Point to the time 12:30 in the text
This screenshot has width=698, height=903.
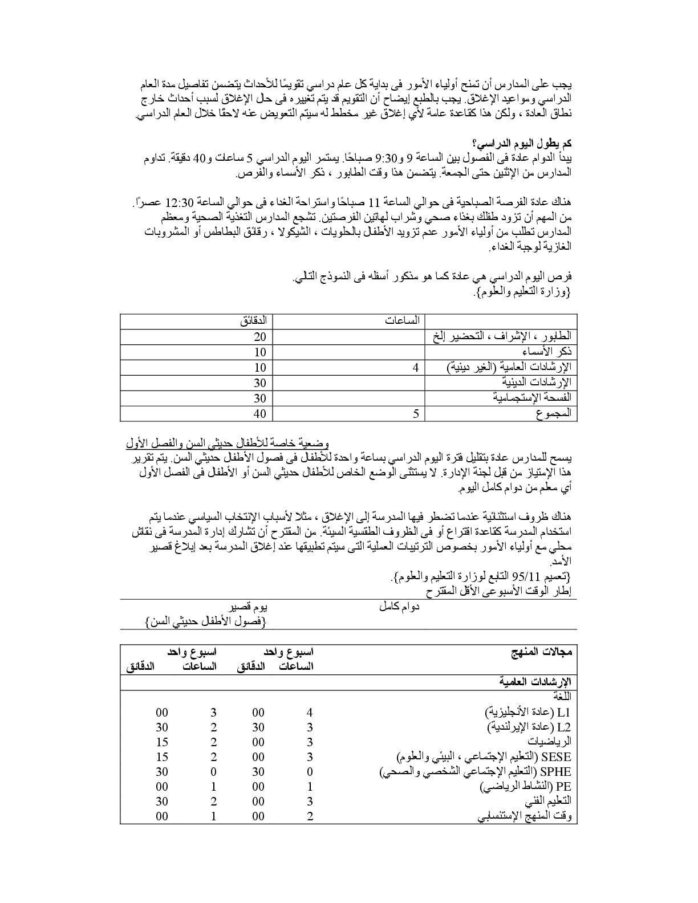[x=179, y=203]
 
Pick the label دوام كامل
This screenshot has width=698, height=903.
[x=399, y=607]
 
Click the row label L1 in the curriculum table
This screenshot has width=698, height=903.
[x=564, y=713]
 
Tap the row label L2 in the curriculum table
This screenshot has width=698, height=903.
[x=564, y=727]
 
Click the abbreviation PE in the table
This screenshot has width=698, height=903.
[x=564, y=787]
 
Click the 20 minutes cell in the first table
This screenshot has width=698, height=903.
[x=260, y=337]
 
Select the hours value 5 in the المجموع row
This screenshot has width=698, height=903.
[x=416, y=413]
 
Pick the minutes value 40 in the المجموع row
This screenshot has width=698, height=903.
[x=260, y=413]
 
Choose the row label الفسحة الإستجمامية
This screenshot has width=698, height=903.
[x=532, y=398]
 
